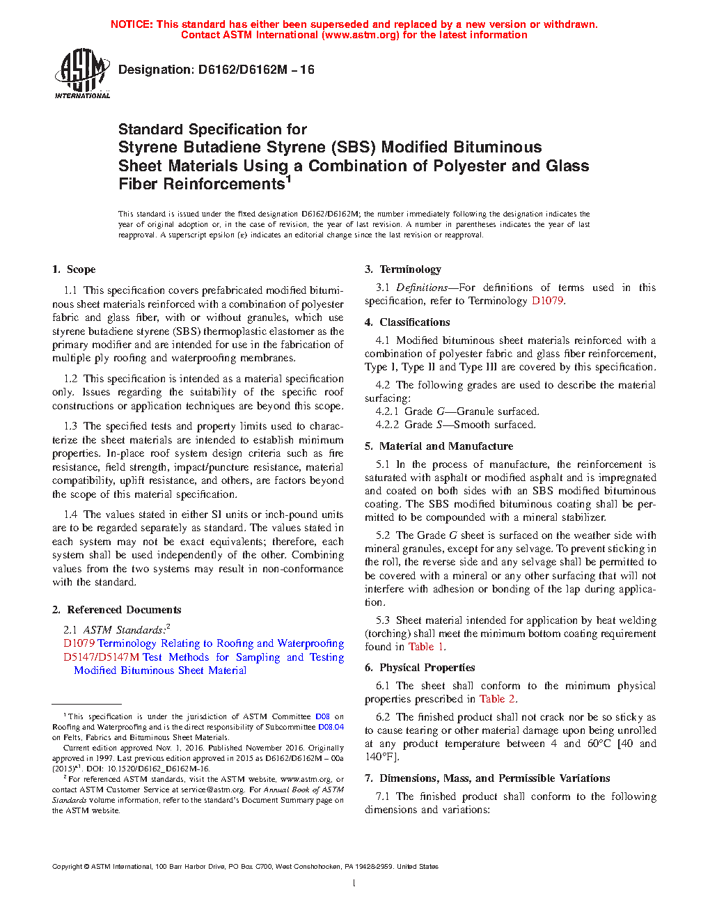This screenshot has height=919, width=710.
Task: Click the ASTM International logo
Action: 82,73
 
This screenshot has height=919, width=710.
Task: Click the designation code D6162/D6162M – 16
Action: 256,70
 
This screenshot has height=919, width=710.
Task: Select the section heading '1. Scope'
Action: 74,269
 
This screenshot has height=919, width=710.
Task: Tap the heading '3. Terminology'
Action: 403,269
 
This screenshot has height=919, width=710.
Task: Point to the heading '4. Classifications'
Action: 407,322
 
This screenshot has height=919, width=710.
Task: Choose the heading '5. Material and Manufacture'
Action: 439,446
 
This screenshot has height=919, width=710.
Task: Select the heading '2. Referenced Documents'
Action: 117,610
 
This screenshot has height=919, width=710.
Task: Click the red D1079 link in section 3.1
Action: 547,301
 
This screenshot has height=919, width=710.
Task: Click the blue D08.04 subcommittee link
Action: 331,727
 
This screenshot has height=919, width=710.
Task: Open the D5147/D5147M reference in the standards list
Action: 101,657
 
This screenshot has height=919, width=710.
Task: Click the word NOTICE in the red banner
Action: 132,24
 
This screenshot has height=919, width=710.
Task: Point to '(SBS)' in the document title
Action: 353,148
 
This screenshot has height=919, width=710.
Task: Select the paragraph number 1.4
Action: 70,515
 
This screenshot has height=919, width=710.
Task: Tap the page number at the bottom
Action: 354,883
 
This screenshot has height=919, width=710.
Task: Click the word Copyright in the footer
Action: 67,867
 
